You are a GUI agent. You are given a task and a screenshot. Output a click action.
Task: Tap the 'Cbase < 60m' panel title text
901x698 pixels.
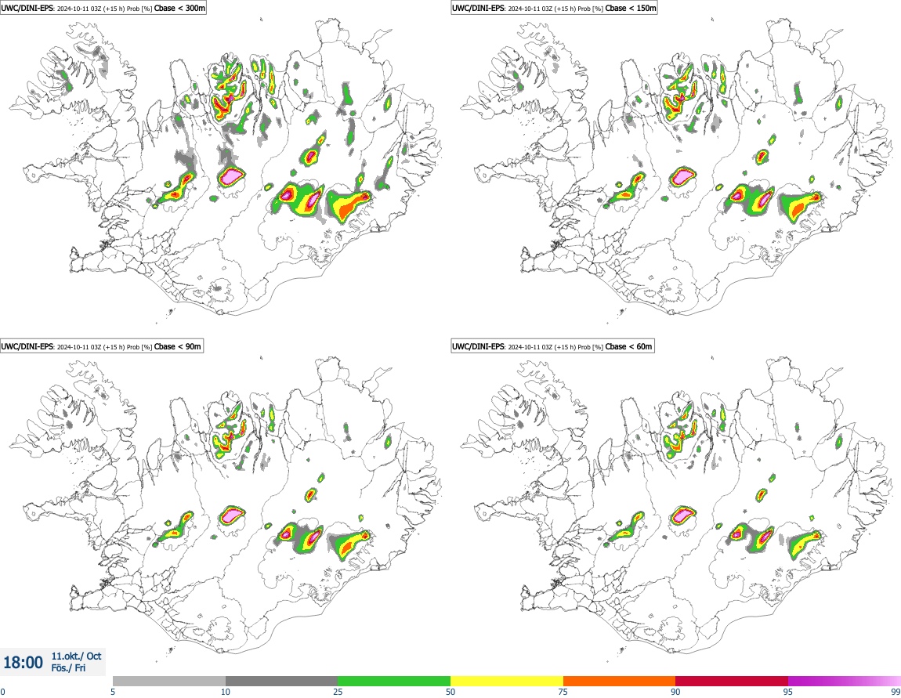630,346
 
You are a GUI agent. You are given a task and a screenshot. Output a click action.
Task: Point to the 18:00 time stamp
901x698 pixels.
24,663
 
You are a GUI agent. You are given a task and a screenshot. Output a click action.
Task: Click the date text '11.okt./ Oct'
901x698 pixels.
77,656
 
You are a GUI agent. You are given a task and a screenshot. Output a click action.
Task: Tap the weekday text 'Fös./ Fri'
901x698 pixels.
70,668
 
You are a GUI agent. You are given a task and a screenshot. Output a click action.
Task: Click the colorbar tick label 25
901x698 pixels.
338,692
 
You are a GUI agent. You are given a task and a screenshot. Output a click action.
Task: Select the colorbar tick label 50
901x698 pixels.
450,692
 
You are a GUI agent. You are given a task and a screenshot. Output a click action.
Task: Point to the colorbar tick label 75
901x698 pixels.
563,692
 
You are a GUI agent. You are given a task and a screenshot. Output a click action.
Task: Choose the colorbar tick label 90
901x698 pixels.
675,692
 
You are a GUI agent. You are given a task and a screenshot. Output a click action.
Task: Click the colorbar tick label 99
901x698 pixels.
895,692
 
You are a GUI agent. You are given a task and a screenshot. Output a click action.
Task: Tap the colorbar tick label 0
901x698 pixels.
2,692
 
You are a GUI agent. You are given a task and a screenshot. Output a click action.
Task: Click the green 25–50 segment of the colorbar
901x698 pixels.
394,682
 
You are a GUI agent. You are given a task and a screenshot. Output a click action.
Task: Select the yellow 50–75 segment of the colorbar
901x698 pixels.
507,682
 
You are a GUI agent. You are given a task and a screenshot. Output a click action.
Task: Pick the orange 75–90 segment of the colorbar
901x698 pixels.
619,682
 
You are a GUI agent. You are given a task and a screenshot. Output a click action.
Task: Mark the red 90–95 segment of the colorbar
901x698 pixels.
732,682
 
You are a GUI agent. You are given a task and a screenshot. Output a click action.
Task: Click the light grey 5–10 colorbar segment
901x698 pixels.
169,682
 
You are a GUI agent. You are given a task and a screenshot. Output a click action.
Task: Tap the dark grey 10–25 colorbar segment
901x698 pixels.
281,682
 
